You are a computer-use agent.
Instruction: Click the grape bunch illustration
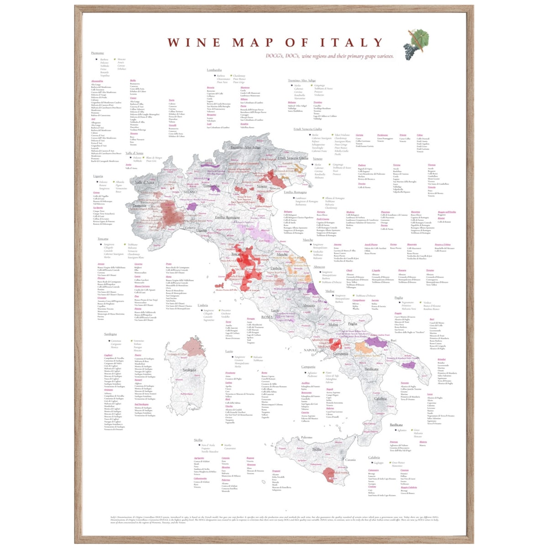pyautogui.click(x=415, y=44)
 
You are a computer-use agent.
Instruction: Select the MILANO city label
pyautogui.click(x=190, y=192)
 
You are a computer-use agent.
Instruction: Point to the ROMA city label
pyautogui.click(x=267, y=316)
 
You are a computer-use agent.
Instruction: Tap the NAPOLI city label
pyautogui.click(x=310, y=350)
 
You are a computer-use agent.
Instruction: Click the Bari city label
pyautogui.click(x=393, y=341)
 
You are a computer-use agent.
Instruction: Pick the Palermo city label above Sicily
pyautogui.click(x=306, y=437)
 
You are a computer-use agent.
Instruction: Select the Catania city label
pyautogui.click(x=350, y=460)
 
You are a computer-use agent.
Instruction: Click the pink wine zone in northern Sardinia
pyautogui.click(x=194, y=346)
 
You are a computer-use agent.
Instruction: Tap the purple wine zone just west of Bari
pyautogui.click(x=377, y=341)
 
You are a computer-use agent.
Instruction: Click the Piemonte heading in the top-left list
pyautogui.click(x=97, y=53)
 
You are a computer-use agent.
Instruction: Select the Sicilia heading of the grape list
pyautogui.click(x=198, y=440)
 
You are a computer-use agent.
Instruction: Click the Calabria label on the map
pyautogui.click(x=380, y=398)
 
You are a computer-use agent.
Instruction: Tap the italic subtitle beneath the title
pyautogui.click(x=329, y=56)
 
